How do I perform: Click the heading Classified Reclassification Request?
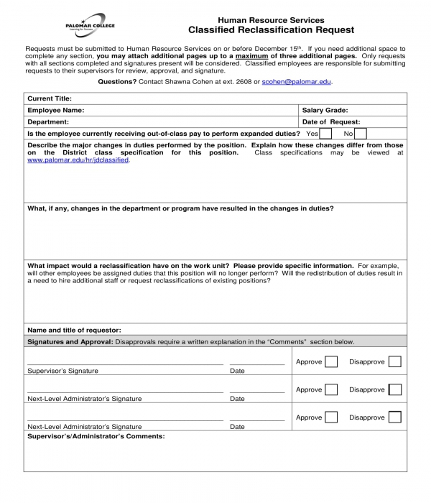point(271,30)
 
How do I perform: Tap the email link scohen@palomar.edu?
point(297,83)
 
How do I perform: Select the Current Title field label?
point(50,98)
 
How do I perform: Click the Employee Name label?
point(55,111)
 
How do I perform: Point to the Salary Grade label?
point(325,111)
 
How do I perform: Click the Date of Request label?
point(331,122)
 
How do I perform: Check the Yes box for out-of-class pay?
point(325,134)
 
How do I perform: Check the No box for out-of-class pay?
point(361,134)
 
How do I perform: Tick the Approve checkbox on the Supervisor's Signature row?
point(330,361)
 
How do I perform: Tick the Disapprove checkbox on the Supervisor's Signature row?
point(394,361)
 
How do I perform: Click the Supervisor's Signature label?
point(62,371)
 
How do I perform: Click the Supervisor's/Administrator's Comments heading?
point(96,436)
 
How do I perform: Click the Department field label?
point(48,122)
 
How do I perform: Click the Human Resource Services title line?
point(271,20)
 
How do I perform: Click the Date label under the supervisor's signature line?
point(237,371)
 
